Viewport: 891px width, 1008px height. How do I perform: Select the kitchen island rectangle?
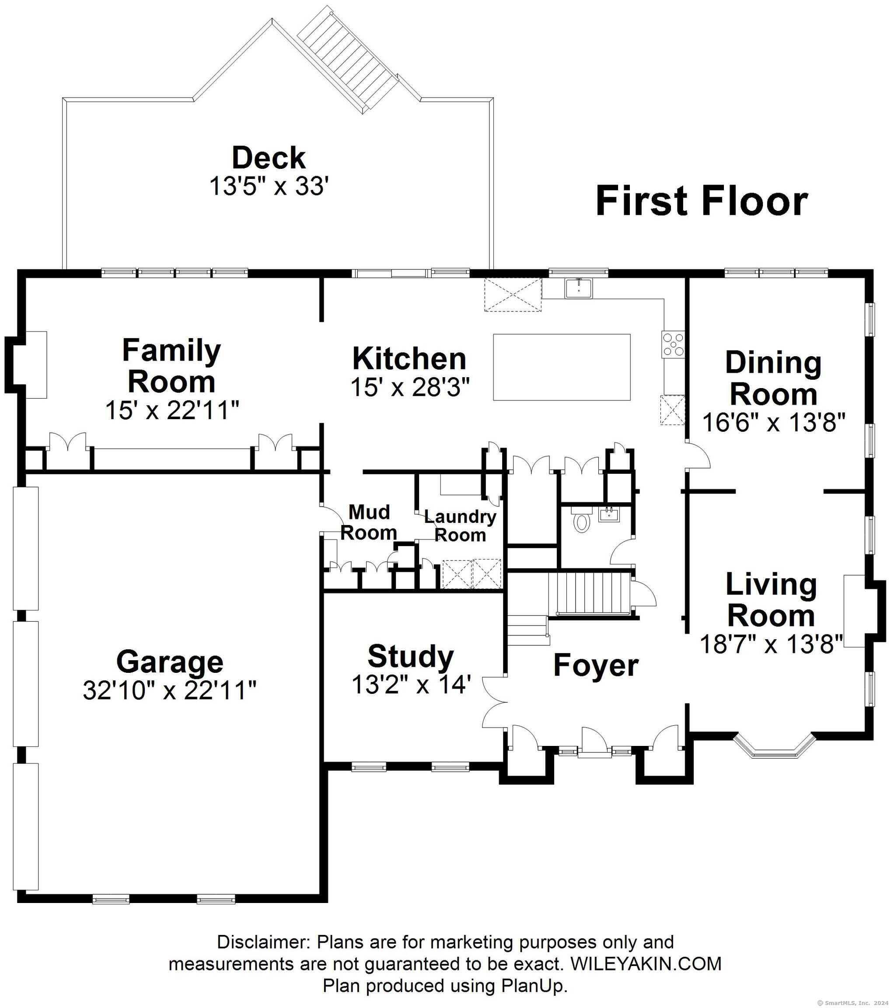pyautogui.click(x=562, y=367)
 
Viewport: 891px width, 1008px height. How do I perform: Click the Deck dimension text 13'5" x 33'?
pyautogui.click(x=269, y=186)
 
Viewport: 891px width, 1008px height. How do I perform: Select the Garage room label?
pyautogui.click(x=170, y=661)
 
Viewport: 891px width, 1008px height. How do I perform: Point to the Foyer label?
pyautogui.click(x=596, y=665)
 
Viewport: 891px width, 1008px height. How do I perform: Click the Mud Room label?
pyautogui.click(x=369, y=522)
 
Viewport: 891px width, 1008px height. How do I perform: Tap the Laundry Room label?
pyautogui.click(x=460, y=526)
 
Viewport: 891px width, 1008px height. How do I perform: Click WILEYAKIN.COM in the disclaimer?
pyautogui.click(x=646, y=963)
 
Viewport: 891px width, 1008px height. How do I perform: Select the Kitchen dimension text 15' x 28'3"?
pyautogui.click(x=409, y=387)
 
